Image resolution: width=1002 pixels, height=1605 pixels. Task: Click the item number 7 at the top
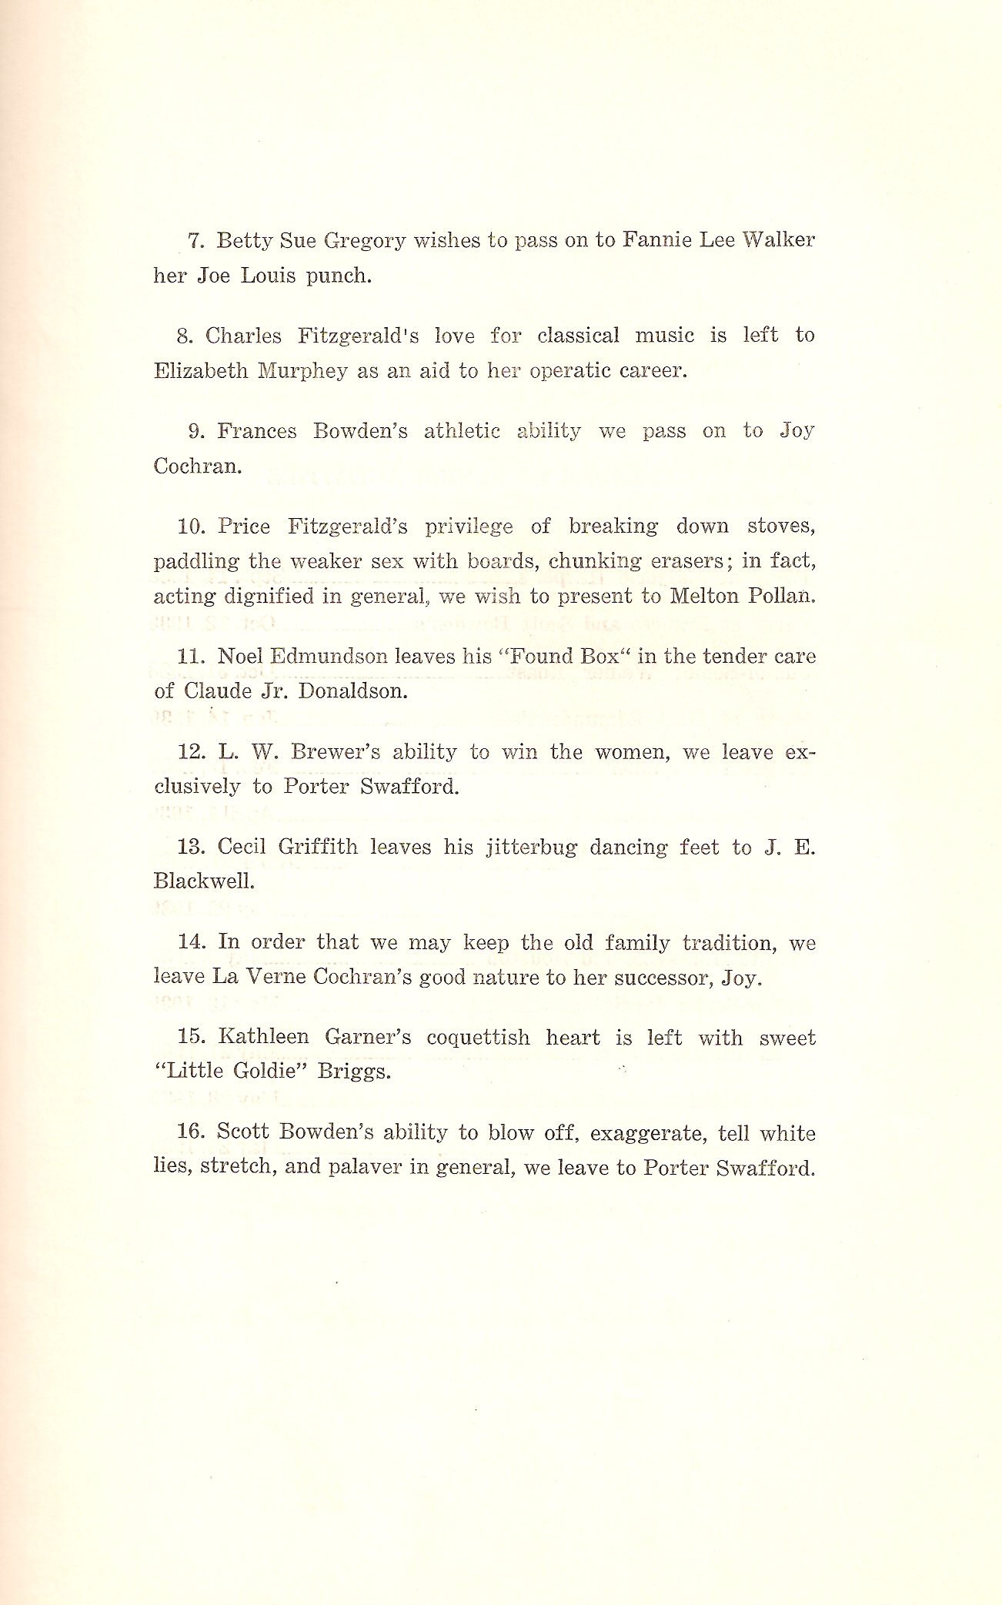click(x=195, y=241)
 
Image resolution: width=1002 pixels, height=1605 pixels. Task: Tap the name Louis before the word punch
click(x=269, y=276)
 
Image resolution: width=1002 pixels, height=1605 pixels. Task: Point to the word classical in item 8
click(x=578, y=336)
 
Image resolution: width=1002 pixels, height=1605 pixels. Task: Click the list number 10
click(x=189, y=527)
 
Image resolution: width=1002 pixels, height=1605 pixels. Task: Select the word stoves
click(x=780, y=527)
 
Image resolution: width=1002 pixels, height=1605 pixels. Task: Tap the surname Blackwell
click(x=193, y=881)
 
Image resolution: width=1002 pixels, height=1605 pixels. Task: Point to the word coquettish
click(x=478, y=1038)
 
